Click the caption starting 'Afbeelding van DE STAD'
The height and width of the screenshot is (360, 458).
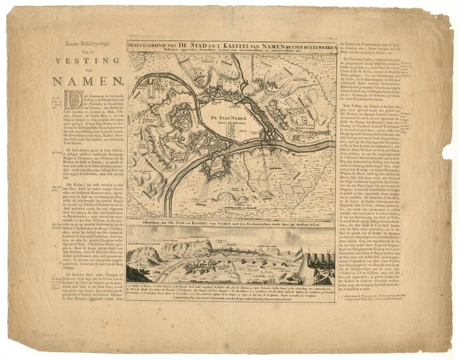point(229,225)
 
